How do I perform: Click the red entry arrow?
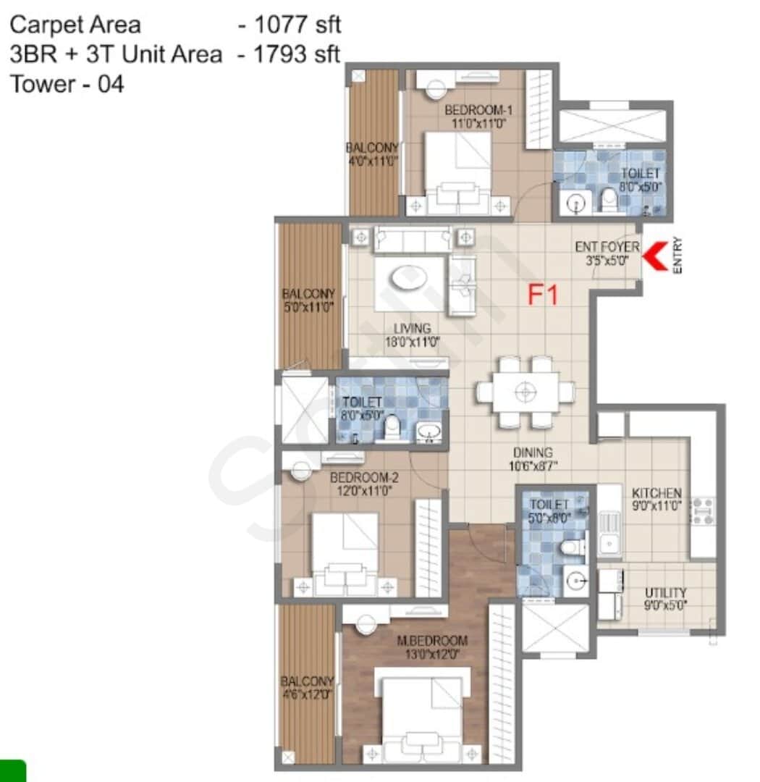pos(656,257)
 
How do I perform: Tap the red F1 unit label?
pos(543,295)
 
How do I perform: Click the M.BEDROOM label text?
pos(431,641)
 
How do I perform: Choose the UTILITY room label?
pos(665,593)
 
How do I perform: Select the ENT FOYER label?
pos(607,247)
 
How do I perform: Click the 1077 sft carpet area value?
pos(290,25)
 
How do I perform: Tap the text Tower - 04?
pos(67,85)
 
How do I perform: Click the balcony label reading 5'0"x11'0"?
pos(308,306)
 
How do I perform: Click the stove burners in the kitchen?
pos(702,510)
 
